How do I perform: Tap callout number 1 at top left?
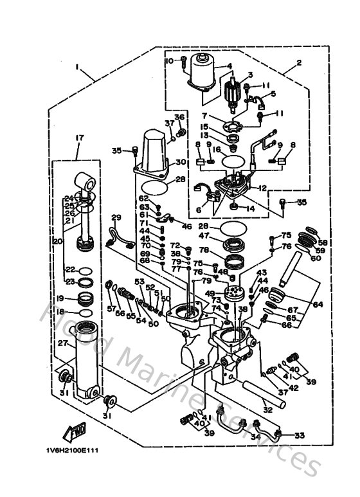pos(76,67)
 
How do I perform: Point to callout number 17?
pos(78,137)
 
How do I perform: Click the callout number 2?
pos(299,62)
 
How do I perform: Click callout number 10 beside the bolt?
pos(170,60)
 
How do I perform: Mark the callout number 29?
pos(116,217)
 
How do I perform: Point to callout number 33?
pos(300,435)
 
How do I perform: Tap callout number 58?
pos(323,242)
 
